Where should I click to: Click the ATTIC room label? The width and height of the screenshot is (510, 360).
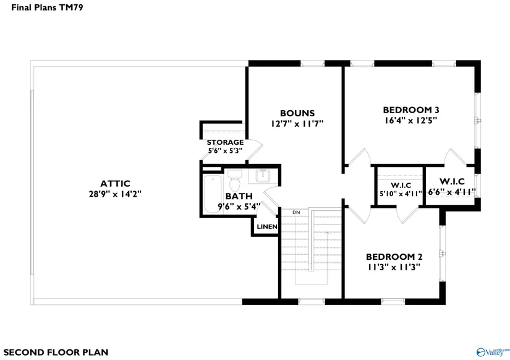[115, 184]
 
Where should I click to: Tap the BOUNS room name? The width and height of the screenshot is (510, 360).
[297, 113]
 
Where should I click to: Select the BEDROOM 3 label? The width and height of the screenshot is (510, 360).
[411, 110]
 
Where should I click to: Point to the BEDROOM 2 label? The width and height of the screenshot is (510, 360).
[394, 257]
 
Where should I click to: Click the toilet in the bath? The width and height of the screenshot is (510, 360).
[235, 179]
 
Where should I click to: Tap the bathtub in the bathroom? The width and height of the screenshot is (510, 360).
[213, 194]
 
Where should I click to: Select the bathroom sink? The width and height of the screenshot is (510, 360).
[263, 176]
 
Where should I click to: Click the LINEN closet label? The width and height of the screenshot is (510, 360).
[267, 227]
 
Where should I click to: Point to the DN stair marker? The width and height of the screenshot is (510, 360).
[296, 213]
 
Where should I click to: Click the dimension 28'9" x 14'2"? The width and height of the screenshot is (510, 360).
[115, 194]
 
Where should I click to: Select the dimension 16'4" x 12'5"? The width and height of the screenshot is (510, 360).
[411, 121]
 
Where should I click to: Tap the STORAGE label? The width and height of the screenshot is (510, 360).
[225, 142]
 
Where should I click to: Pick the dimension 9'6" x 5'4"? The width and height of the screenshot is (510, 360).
[239, 207]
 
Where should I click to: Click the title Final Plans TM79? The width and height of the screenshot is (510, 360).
[47, 7]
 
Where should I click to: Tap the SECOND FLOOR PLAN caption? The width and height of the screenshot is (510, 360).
[56, 352]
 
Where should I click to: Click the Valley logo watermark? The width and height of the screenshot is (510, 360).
[493, 351]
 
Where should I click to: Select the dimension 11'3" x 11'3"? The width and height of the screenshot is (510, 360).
[394, 267]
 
